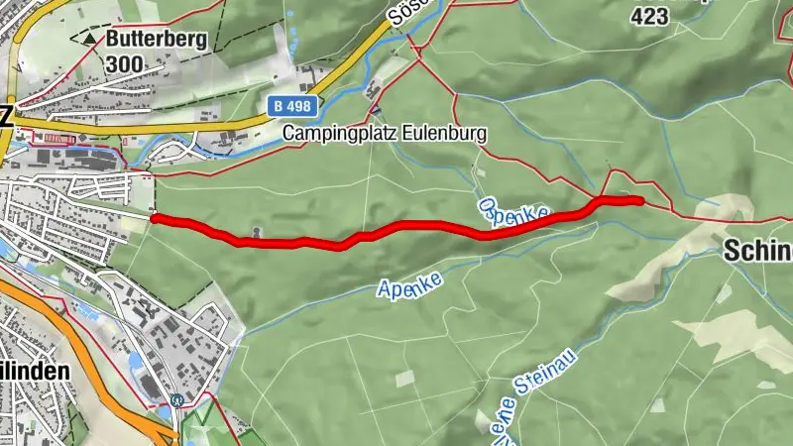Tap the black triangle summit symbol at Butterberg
point(90,40)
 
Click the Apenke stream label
point(408,282)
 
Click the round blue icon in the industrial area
point(176,400)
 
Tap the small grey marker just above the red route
point(257,233)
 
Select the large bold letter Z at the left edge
point(6,116)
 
